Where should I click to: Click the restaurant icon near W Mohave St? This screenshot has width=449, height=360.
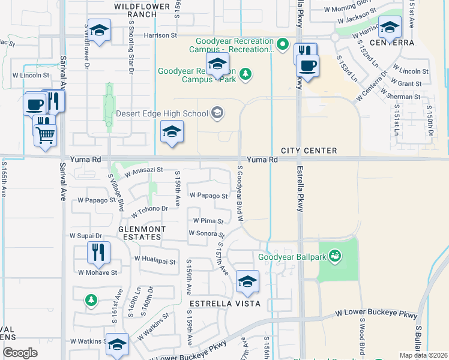click(98, 252)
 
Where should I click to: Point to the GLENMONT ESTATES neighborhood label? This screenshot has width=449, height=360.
click(140, 232)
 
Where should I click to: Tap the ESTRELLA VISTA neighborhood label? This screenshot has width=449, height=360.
click(224, 304)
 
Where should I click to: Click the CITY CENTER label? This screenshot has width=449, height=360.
click(309, 151)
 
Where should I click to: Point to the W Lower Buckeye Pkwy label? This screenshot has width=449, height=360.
click(376, 313)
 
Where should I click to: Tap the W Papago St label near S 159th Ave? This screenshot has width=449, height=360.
click(208, 196)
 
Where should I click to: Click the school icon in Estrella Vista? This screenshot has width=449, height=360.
click(247, 280)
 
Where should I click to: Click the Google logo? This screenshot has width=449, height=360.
click(20, 353)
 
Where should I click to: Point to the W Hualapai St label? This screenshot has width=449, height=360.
click(155, 261)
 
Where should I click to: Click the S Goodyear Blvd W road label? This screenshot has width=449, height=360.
click(240, 193)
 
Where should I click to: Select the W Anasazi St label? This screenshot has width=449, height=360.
click(144, 170)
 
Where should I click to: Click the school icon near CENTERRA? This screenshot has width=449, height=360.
click(390, 27)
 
